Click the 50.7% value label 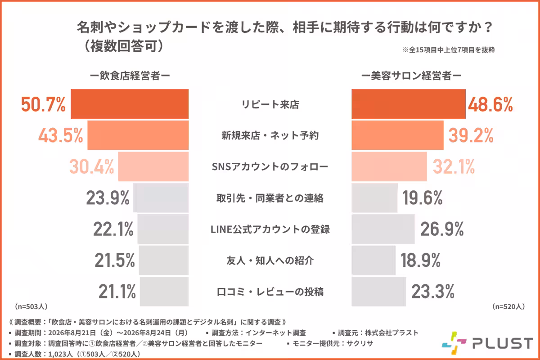pos(43,104)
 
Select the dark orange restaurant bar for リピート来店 pos(130,104)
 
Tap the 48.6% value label pos(490,104)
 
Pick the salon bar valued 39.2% pos(397,135)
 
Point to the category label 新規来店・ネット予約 pos(270,135)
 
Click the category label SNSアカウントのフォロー pos(270,166)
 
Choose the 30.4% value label pos(92,166)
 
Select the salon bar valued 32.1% pos(389,166)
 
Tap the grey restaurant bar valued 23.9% pos(161,198)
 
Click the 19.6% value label pos(423,198)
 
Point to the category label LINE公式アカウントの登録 pos(270,229)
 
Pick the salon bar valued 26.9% pos(383,229)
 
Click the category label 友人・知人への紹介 pos(270,261)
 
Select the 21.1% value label pos(117,292)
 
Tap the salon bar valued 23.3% pos(379,291)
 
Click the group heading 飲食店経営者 pos(130,76)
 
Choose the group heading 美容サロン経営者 pos(411,76)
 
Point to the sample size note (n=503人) pos(31,306)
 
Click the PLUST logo pos(487,343)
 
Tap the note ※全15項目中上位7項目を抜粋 pos(449,50)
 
